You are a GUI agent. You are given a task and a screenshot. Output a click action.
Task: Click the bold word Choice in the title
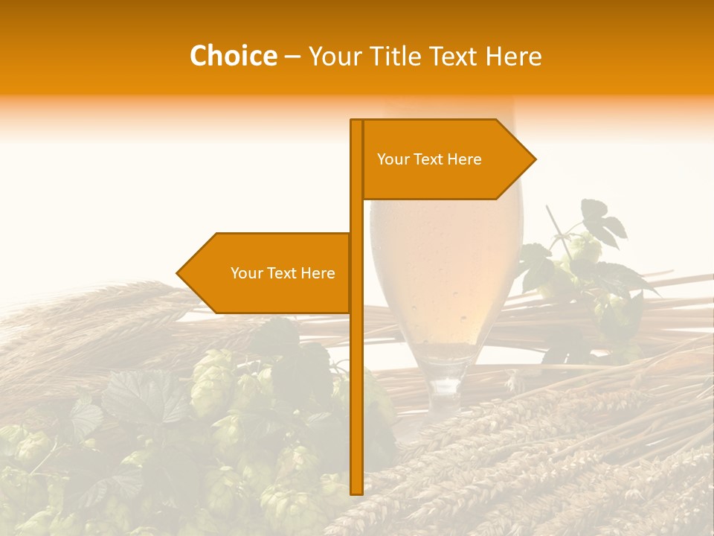coord(233,57)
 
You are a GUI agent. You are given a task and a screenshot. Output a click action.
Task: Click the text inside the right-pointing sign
coord(429,159)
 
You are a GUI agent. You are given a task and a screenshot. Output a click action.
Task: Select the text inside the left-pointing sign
coord(283,273)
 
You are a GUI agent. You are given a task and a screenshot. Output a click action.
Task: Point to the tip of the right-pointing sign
coord(535,159)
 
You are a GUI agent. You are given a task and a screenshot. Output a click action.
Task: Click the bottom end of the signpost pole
coord(356,492)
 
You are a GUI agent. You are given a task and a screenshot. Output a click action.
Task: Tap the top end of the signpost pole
coord(356,121)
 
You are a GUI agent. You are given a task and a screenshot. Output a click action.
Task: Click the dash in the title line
coord(292,57)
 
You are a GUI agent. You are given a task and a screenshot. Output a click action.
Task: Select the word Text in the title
coord(453,57)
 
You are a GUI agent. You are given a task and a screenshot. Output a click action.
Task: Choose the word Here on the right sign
coord(464,159)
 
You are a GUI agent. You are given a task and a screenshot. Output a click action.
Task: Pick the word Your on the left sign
coord(246,273)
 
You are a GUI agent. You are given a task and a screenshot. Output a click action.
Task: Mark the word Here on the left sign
coord(318,273)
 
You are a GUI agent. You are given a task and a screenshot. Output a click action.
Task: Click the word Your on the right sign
coord(393,159)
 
